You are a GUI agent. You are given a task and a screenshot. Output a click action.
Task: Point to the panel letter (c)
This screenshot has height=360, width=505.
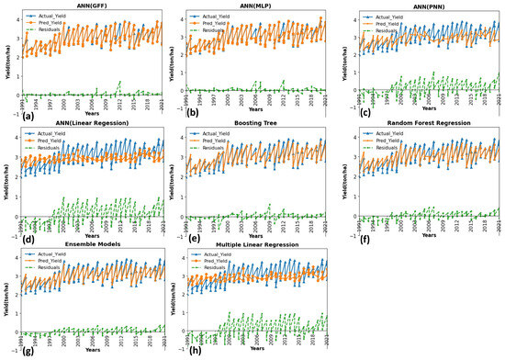351,112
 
